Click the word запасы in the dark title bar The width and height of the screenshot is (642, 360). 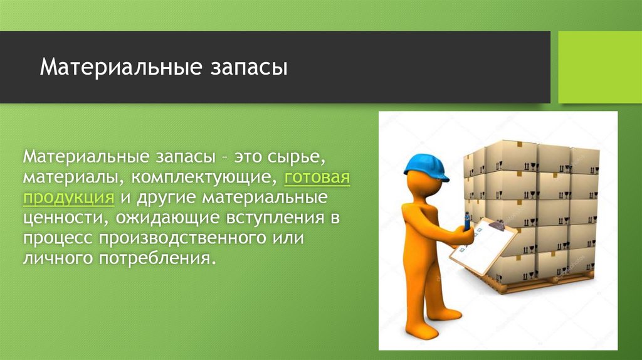tap(249, 68)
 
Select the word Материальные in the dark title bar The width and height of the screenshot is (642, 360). tap(121, 67)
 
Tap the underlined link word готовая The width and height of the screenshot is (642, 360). tap(317, 177)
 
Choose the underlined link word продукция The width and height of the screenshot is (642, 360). tap(68, 198)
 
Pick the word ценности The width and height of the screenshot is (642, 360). tap(65, 218)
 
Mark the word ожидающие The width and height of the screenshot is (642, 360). tap(168, 218)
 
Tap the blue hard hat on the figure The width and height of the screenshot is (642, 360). tap(426, 167)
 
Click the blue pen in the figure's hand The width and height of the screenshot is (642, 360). tap(466, 222)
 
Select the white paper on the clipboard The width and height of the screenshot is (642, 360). tap(483, 246)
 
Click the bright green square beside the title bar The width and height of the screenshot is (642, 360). tap(600, 67)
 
